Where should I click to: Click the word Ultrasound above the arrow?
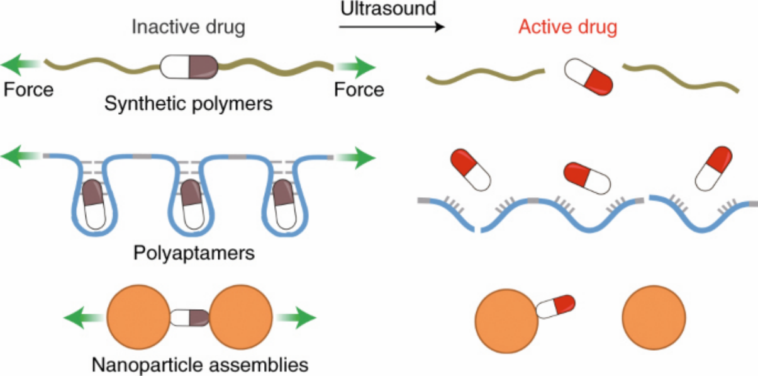388,8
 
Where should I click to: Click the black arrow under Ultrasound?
392,26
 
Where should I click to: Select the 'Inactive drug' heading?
189,27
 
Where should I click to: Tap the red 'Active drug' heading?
568,27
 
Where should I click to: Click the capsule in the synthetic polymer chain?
189,67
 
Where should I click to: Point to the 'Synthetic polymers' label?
189,104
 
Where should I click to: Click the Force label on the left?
28,90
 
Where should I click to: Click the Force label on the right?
359,90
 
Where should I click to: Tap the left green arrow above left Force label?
21,64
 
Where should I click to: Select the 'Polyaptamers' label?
194,253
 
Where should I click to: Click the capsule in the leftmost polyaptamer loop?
94,205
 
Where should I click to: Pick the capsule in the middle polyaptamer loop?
192,205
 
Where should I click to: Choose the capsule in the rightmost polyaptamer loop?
284,205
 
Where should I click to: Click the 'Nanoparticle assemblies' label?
200,365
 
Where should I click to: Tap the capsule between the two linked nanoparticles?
189,317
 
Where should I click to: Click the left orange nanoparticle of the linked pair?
139,317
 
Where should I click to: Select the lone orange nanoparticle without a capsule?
654,317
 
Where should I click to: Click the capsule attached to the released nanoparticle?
555,307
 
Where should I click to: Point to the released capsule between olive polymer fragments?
588,77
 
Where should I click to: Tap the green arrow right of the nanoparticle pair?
296,317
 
